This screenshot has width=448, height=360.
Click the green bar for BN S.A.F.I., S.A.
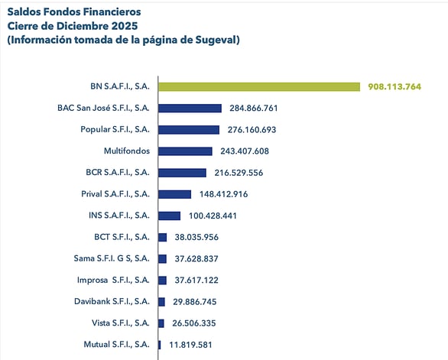[x=258, y=86]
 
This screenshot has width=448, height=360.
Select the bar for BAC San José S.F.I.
[x=190, y=108]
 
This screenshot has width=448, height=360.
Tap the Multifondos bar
[x=185, y=151]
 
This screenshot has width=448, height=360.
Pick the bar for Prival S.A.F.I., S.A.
[x=174, y=194]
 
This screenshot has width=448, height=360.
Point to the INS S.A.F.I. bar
[x=169, y=216]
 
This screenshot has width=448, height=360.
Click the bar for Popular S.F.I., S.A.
[x=189, y=130]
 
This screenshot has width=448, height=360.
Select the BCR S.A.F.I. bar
[x=182, y=173]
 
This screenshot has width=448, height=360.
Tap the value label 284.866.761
[x=256, y=108]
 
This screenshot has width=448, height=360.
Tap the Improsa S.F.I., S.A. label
[x=113, y=280]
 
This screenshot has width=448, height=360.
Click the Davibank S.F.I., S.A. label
[x=111, y=302]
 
